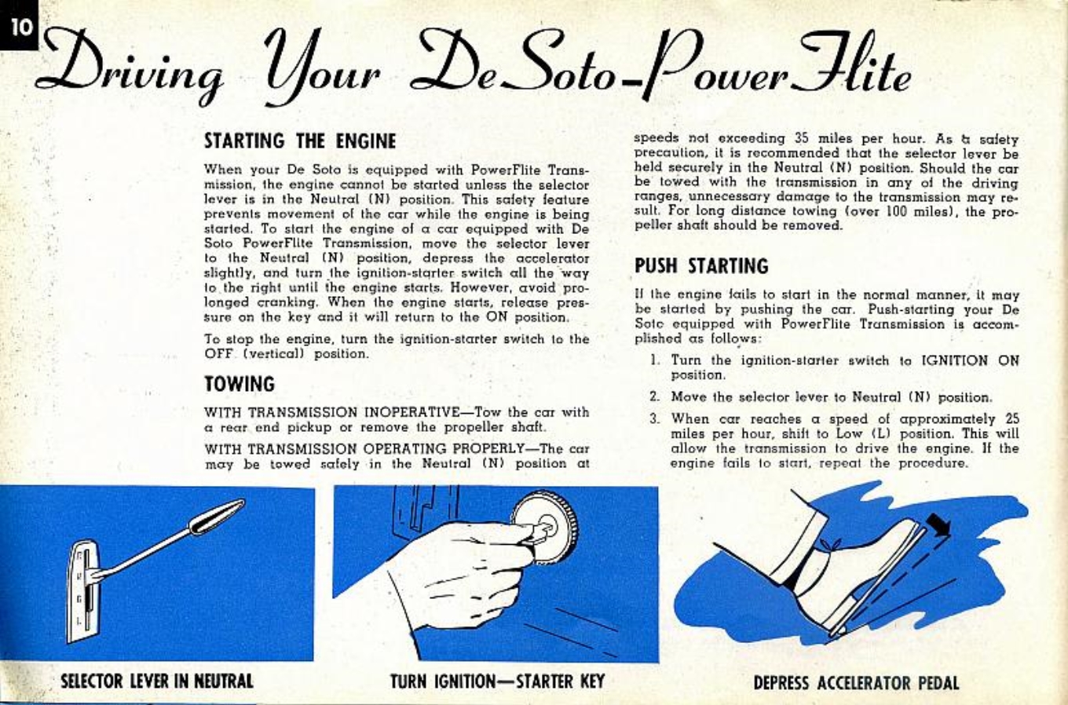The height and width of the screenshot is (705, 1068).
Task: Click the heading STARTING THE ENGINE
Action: pyautogui.click(x=300, y=141)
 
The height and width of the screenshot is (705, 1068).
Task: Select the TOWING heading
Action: pyautogui.click(x=240, y=384)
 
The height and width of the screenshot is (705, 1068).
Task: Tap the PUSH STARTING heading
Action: pyautogui.click(x=701, y=266)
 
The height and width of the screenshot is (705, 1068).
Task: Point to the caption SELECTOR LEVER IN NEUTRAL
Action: pyautogui.click(x=157, y=681)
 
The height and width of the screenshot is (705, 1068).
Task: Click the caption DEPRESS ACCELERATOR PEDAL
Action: pyautogui.click(x=856, y=682)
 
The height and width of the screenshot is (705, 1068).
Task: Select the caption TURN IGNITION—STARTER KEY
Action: pyautogui.click(x=497, y=681)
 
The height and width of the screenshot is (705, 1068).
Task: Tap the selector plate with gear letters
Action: pyautogui.click(x=81, y=589)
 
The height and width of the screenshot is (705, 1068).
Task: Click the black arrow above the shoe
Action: pyautogui.click(x=938, y=524)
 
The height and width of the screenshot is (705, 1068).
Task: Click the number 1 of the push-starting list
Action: pyautogui.click(x=653, y=360)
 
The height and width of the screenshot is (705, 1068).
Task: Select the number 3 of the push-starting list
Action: pyautogui.click(x=653, y=419)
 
